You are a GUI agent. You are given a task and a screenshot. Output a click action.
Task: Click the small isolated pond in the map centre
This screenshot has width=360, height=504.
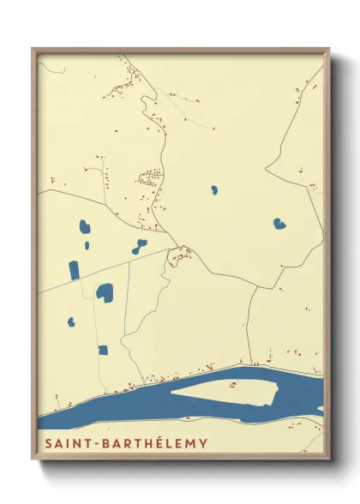click(x=213, y=189)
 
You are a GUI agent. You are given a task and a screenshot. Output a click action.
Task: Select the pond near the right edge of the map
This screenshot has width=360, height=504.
click(x=279, y=224)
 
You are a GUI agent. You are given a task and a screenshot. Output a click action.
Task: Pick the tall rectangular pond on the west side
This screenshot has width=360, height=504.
click(x=74, y=270)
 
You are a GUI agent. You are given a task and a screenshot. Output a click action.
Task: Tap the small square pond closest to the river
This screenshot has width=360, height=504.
click(x=103, y=350)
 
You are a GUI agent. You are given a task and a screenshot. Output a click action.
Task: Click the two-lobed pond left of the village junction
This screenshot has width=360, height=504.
click(x=140, y=247)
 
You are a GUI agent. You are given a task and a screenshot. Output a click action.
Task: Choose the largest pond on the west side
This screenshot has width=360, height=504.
click(x=105, y=292)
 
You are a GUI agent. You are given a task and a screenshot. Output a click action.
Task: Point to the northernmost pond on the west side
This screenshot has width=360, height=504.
click(x=85, y=229)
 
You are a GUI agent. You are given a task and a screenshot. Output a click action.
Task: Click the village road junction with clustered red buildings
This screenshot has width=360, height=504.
click(x=180, y=254)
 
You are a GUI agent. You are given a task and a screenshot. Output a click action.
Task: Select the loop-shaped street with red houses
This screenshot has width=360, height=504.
click(x=151, y=179)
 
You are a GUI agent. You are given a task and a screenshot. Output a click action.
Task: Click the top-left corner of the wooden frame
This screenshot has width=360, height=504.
click(x=33, y=50)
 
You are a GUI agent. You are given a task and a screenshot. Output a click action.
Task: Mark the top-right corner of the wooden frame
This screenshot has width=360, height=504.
click(x=328, y=50)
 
